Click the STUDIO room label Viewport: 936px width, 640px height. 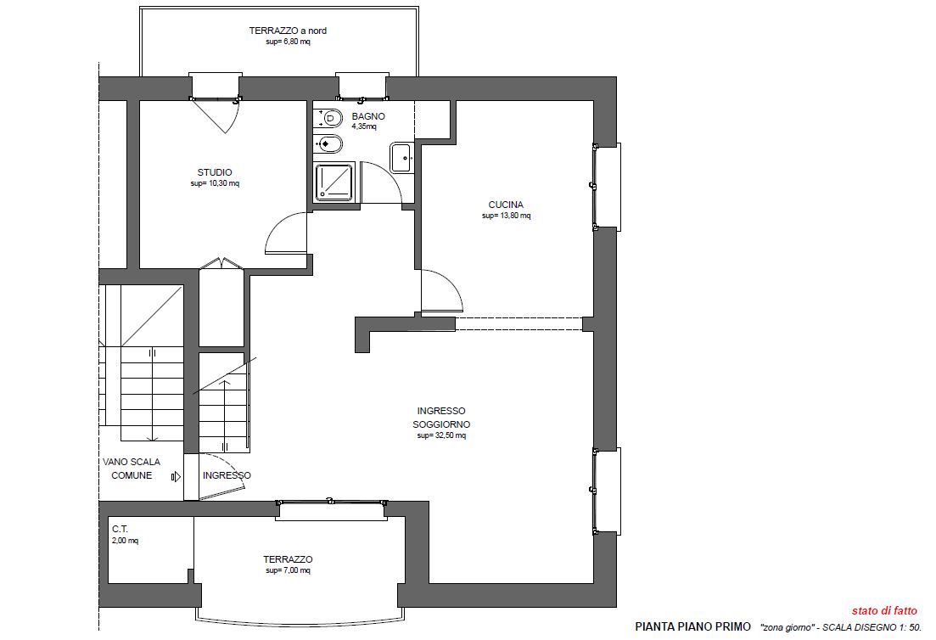[x=215, y=172]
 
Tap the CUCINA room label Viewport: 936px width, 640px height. [x=506, y=205]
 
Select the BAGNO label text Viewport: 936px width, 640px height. [x=368, y=116]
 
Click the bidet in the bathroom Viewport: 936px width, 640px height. [x=328, y=144]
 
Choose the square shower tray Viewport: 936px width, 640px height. [x=334, y=182]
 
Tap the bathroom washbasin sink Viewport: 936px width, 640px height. [x=401, y=158]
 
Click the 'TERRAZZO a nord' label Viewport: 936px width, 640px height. [x=288, y=31]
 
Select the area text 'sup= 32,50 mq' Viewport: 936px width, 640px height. [x=442, y=435]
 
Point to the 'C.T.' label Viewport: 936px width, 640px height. [x=120, y=529]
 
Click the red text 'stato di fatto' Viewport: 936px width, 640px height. [x=884, y=610]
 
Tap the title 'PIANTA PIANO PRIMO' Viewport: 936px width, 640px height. [x=693, y=627]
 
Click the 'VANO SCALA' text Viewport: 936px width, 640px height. [x=132, y=462]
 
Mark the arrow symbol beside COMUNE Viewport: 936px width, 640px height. [x=177, y=476]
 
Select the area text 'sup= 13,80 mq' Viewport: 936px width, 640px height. [x=507, y=216]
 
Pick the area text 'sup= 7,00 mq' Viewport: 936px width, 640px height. [x=288, y=570]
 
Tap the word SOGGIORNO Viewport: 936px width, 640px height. [x=442, y=424]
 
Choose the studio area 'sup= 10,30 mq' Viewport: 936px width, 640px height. [x=215, y=183]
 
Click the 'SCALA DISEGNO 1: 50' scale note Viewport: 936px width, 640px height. [x=872, y=627]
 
